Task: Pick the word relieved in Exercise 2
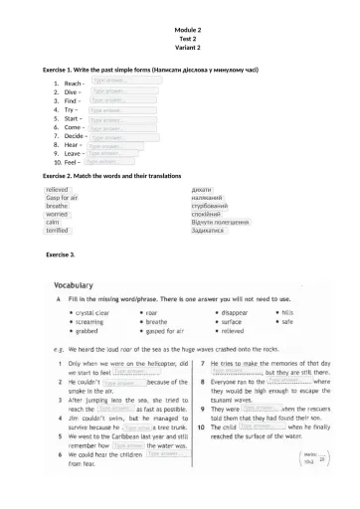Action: [57, 188]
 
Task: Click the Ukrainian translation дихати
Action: [202, 189]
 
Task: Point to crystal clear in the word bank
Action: [86, 312]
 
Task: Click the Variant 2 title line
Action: [180, 48]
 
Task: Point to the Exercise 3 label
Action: [61, 255]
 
